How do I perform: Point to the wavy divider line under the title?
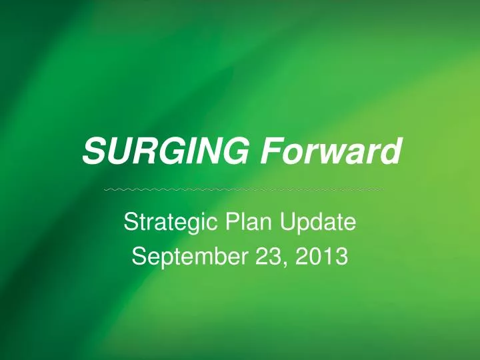[245, 191]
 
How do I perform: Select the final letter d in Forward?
[393, 153]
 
